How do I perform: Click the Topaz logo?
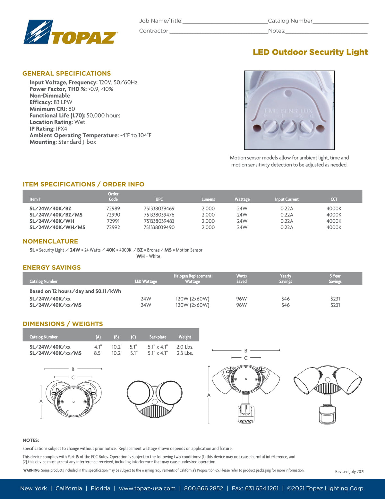71,32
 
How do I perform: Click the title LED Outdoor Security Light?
310,52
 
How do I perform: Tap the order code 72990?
113,215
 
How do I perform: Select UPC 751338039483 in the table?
159,221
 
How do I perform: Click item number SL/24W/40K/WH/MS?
57,227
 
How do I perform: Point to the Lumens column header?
208,199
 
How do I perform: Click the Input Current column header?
287,199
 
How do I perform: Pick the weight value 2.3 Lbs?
185,353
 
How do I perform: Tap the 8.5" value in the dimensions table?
98,353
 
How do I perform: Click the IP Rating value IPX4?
62,129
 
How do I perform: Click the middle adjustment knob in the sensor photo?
288,127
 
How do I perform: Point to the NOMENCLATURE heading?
50,241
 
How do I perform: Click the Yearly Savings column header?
286,279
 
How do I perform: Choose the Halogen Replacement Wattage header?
193,279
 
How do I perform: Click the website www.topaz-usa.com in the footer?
147,488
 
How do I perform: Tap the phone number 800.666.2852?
203,488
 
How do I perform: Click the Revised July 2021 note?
350,472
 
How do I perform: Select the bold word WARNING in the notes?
31,470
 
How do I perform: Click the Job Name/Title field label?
161,21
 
